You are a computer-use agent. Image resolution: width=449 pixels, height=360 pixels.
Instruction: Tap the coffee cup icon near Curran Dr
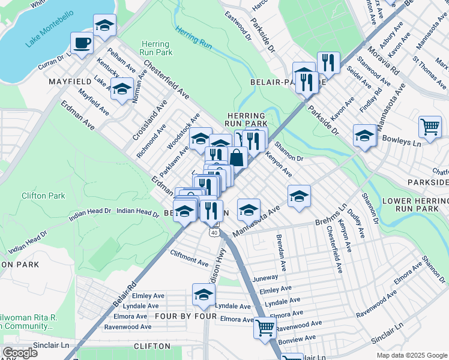pyautogui.click(x=82, y=43)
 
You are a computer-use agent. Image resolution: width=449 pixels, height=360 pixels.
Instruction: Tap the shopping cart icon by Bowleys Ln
pyautogui.click(x=430, y=127)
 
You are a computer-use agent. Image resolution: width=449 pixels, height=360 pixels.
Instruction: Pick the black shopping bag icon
pyautogui.click(x=238, y=158)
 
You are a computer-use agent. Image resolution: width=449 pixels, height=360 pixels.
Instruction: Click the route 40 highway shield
pyautogui.click(x=214, y=232)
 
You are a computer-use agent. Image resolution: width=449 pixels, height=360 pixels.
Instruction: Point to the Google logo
pyautogui.click(x=20, y=353)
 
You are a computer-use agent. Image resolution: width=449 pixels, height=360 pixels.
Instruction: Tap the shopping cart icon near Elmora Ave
pyautogui.click(x=265, y=328)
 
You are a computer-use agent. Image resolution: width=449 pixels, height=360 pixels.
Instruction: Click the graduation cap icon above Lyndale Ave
pyautogui.click(x=203, y=295)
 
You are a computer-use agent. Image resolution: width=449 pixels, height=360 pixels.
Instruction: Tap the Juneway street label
pyautogui.click(x=267, y=278)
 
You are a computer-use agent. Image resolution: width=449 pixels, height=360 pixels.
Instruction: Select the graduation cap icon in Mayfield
pyautogui.click(x=122, y=89)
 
